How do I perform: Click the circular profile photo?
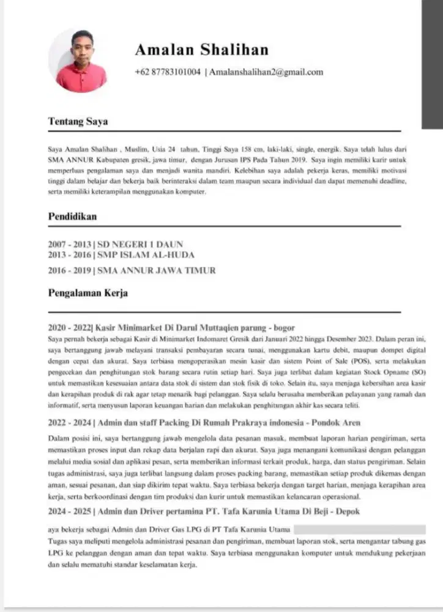[78, 60]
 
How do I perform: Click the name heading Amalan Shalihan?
[201, 50]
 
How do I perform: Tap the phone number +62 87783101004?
[168, 72]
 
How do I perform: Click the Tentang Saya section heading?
[78, 121]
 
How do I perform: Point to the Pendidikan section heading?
[72, 216]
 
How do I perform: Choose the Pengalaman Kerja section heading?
[88, 293]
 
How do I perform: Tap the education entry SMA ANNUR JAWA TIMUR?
[156, 270]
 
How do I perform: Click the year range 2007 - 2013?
[69, 244]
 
